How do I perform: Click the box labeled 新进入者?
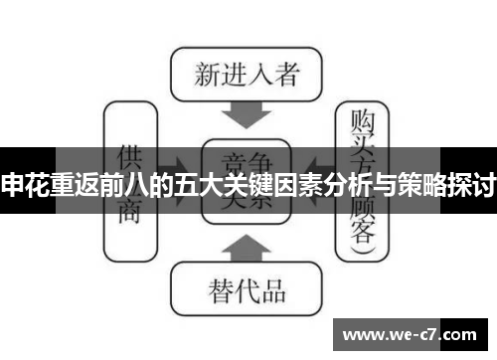246,74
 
